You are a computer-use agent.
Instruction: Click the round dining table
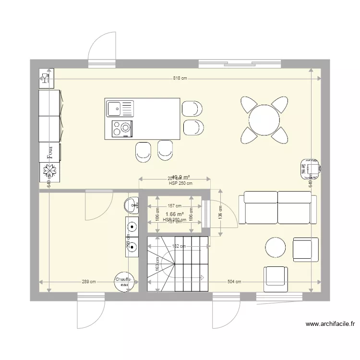tap(264, 120)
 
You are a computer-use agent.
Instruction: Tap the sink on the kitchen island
tap(115, 108)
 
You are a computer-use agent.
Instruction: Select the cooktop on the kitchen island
tap(122, 128)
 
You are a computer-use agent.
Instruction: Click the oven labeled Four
tap(49, 152)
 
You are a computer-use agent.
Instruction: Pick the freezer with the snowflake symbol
tap(49, 171)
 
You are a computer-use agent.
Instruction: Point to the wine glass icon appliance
tap(47, 78)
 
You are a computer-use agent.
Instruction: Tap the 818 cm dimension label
tap(180, 78)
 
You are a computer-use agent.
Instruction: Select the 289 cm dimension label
tap(88, 282)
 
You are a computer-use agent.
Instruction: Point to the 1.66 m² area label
tap(174, 214)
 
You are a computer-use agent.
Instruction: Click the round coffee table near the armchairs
tap(276, 248)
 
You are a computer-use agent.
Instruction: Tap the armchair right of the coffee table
tap(305, 249)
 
